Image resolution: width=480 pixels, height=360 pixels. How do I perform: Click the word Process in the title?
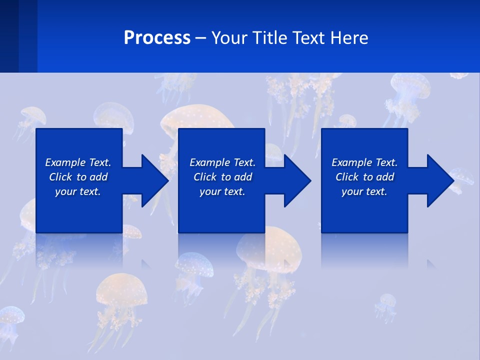157,38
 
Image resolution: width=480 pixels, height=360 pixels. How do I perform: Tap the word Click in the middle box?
205,177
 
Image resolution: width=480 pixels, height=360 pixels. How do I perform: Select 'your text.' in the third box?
364,191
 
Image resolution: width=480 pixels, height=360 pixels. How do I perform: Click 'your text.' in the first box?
78,191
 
